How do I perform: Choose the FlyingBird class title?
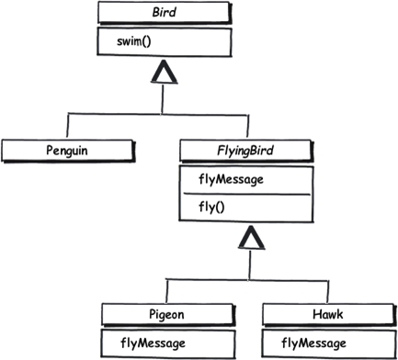256,148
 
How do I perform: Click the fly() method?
213,208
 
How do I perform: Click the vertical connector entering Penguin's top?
68,126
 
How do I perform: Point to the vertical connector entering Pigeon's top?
168,288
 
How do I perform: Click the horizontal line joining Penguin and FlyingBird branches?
162,114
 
